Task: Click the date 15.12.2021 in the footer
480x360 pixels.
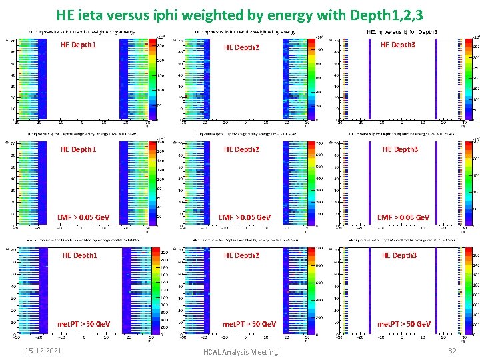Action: pos(43,351)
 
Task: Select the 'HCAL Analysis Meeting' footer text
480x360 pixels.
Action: pos(241,351)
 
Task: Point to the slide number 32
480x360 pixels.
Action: pos(452,351)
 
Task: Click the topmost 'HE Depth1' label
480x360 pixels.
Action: pos(78,45)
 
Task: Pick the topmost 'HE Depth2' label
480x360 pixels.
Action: pos(241,47)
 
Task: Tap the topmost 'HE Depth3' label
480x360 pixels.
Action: pos(398,45)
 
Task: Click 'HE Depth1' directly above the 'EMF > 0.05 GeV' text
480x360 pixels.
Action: pos(78,149)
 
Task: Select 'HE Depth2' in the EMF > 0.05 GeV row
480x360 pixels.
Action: pos(241,149)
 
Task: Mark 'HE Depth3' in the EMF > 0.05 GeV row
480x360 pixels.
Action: pos(400,149)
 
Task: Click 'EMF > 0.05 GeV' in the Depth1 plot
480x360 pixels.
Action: pos(83,217)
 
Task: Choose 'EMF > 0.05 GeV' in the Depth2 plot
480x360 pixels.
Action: pos(245,217)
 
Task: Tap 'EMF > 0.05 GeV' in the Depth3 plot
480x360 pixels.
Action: pos(403,217)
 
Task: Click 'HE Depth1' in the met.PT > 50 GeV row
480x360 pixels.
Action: pos(80,255)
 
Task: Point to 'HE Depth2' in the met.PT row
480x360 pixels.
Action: pos(241,255)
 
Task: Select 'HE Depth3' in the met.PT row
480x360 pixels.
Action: pos(400,255)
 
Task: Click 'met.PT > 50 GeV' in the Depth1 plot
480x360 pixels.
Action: pos(83,324)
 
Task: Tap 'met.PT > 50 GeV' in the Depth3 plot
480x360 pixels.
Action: pos(403,324)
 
